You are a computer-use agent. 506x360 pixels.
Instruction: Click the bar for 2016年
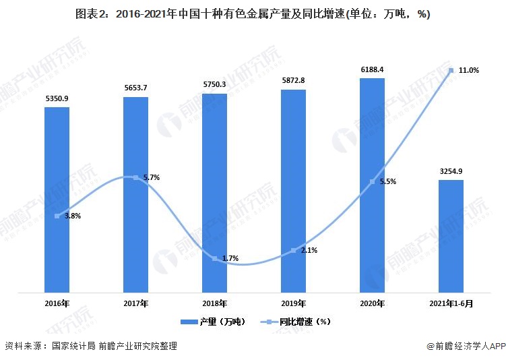[57, 200]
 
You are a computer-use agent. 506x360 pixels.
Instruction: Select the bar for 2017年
[135, 195]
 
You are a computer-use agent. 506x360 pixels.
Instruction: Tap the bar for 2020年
[372, 185]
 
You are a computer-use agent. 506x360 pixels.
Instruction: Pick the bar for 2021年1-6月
[451, 236]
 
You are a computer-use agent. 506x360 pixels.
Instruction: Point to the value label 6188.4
[372, 69]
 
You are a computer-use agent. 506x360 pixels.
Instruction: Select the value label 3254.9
[451, 171]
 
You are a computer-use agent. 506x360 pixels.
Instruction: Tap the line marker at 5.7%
[135, 177]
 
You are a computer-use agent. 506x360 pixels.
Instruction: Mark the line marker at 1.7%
[214, 258]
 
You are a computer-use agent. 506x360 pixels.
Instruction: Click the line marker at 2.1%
[293, 250]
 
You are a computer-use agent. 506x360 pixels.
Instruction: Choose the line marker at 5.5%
[372, 182]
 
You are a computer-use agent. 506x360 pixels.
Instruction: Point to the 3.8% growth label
[73, 216]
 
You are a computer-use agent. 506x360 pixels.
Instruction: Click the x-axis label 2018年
[214, 303]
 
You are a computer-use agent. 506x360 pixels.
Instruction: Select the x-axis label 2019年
[293, 303]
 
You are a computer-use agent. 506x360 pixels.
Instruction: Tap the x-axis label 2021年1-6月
[451, 303]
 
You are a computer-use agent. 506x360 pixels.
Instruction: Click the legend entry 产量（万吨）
[208, 322]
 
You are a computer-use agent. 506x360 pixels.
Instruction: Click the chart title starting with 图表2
[253, 13]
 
